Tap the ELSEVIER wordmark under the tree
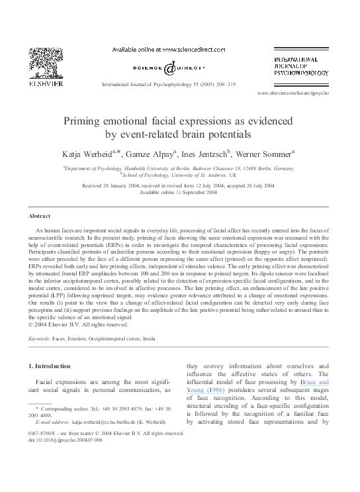tap(46, 83)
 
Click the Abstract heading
tap(39, 217)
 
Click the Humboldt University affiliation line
tap(179, 168)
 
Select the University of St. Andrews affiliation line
tap(179, 175)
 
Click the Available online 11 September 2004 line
tap(179, 192)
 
